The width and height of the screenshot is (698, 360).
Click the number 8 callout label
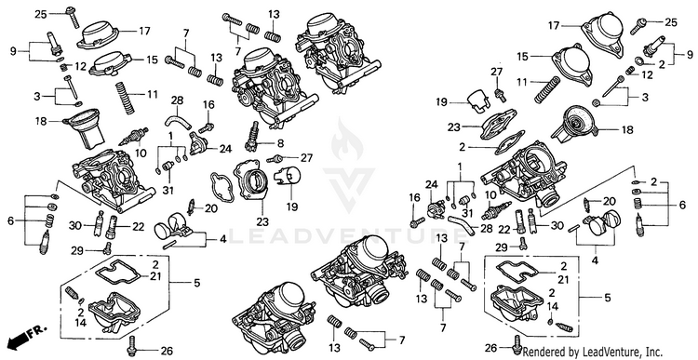pyautogui.click(x=280, y=143)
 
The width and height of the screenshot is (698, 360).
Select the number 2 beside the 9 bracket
pyautogui.click(x=662, y=64)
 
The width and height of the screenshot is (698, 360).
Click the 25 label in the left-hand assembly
pyautogui.click(x=41, y=14)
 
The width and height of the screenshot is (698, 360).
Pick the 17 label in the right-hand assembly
pyautogui.click(x=554, y=25)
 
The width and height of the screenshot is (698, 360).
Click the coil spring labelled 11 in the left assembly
pyautogui.click(x=125, y=98)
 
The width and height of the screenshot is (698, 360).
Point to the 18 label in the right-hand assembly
pyautogui.click(x=626, y=130)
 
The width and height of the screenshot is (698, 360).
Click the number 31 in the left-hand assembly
pyautogui.click(x=168, y=191)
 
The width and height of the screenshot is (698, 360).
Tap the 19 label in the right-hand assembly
pyautogui.click(x=441, y=103)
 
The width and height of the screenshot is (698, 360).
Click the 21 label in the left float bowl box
pyautogui.click(x=154, y=276)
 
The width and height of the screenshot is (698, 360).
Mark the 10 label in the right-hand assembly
pyautogui.click(x=490, y=194)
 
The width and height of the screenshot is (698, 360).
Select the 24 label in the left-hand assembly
pyautogui.click(x=226, y=149)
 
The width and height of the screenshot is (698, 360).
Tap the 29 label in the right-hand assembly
pyautogui.click(x=503, y=247)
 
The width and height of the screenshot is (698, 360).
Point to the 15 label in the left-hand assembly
pyautogui.click(x=152, y=60)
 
